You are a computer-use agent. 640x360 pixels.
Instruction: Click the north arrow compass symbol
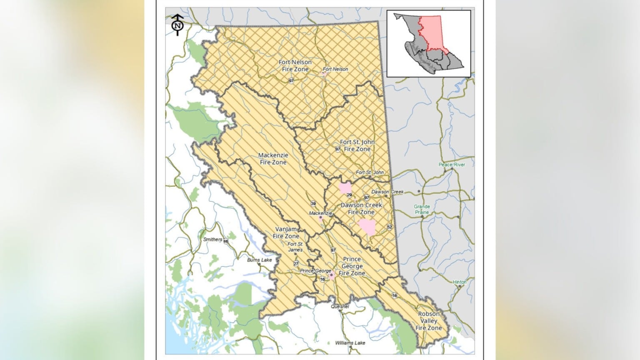tap(178, 25)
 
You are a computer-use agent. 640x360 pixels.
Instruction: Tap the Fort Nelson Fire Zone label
tap(295, 65)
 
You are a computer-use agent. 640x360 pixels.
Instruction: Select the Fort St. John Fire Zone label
tap(357, 145)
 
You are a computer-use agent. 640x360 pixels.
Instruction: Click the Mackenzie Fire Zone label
tap(273, 159)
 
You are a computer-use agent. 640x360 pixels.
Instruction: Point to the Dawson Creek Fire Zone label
tap(361, 208)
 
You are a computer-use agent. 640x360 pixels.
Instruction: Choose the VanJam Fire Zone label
tap(286, 232)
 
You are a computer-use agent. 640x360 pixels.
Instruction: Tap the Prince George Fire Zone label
tap(352, 266)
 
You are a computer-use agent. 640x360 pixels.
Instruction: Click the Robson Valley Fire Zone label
tap(428, 321)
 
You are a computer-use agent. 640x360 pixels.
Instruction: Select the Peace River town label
tap(452, 165)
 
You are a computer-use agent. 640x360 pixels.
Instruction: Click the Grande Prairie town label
tap(422, 209)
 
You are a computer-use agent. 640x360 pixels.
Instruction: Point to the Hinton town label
tap(460, 282)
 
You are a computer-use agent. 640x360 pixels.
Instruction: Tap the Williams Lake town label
tap(350, 343)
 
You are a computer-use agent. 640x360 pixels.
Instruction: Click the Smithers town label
tap(212, 240)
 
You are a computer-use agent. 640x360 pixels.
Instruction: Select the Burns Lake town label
tap(259, 260)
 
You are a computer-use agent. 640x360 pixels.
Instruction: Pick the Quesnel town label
tap(340, 306)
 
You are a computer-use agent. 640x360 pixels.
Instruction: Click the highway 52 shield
tap(389, 227)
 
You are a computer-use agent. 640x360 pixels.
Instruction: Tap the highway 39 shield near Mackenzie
tap(313, 203)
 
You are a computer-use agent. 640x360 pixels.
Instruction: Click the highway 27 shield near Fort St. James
tap(296, 264)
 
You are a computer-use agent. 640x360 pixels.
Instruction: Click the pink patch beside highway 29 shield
tap(345, 188)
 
